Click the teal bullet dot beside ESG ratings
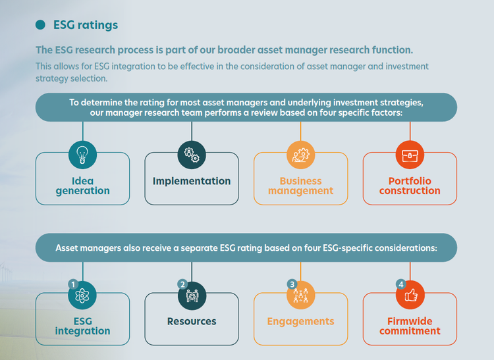pyautogui.click(x=40, y=24)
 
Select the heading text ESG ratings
pyautogui.click(x=86, y=25)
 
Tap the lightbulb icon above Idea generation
pyautogui.click(x=82, y=155)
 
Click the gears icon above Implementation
pyautogui.click(x=192, y=155)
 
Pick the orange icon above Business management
pyautogui.click(x=300, y=155)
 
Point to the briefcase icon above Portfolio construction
pyautogui.click(x=410, y=155)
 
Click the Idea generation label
pyautogui.click(x=82, y=186)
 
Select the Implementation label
pyautogui.click(x=192, y=181)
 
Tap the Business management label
pyautogui.click(x=300, y=186)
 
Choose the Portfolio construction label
pyautogui.click(x=410, y=186)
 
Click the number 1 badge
pyautogui.click(x=73, y=284)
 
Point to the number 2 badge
pyautogui.click(x=182, y=284)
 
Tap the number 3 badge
pyautogui.click(x=292, y=284)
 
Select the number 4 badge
pyautogui.click(x=400, y=284)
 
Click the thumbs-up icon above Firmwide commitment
pyautogui.click(x=411, y=296)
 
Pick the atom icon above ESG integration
pyautogui.click(x=82, y=296)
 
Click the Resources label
pyautogui.click(x=192, y=321)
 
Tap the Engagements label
pyautogui.click(x=300, y=322)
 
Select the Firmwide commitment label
pyautogui.click(x=410, y=326)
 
